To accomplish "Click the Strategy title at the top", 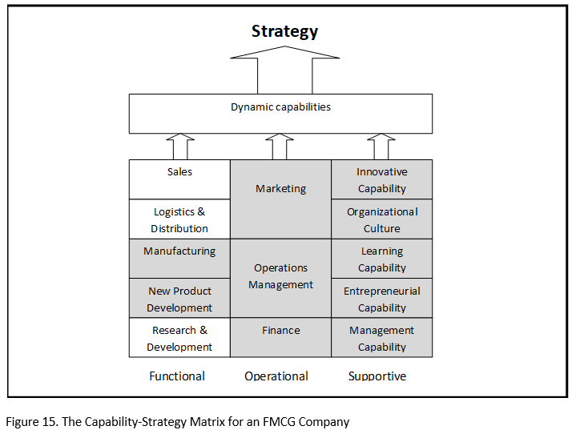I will click(x=284, y=32).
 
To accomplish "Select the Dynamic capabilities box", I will click(x=280, y=113).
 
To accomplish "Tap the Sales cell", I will click(x=179, y=179).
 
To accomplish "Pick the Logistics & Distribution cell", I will click(x=179, y=219).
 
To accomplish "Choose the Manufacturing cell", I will click(x=179, y=258).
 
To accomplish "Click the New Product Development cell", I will click(x=179, y=299).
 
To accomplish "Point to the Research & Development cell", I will click(x=179, y=338).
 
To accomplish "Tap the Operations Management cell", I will click(x=280, y=277).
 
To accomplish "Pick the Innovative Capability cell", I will click(x=382, y=179).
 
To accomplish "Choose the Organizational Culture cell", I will click(x=382, y=219).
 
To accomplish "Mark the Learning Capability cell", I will click(x=382, y=259).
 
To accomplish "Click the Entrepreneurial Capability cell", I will click(x=382, y=299).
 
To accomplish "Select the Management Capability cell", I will click(x=382, y=338).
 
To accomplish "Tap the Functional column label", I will click(x=177, y=376).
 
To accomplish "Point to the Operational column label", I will click(x=276, y=376).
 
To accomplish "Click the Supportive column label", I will click(x=377, y=376).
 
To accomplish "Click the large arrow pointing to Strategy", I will click(x=284, y=69).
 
